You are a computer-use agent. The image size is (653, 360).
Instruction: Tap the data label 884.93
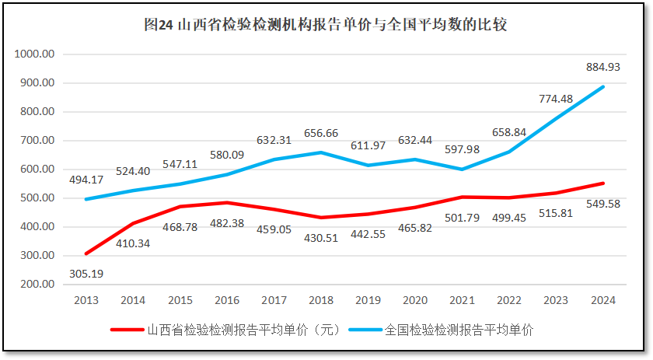coord(603,68)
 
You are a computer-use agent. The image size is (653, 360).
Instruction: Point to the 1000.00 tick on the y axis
coord(34,54)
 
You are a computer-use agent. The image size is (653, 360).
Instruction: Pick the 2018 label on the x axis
coord(321,299)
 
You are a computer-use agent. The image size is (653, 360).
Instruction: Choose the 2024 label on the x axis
coord(603,299)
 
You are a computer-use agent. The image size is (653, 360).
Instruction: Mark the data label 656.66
coord(321,133)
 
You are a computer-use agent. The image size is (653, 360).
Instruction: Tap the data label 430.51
coord(321,237)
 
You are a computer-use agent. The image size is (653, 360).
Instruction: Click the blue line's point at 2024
coord(603,86)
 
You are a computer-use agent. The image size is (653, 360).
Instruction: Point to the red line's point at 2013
coord(86,253)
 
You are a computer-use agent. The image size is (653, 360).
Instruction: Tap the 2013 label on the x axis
coord(86,299)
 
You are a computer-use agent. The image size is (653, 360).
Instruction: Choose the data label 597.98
coord(462,150)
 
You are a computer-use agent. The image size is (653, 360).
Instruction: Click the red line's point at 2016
coord(227,203)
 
